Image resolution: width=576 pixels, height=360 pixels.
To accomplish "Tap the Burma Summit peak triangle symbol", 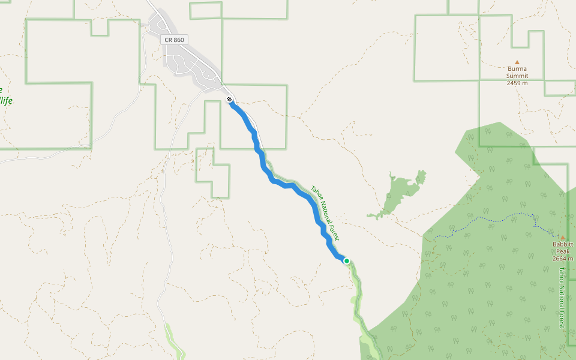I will click(517, 62).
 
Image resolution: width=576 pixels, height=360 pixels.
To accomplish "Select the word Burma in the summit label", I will click(517, 68).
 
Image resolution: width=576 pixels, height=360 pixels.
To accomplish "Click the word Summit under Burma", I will click(517, 76).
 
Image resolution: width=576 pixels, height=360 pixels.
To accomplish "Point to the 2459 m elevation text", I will click(517, 83).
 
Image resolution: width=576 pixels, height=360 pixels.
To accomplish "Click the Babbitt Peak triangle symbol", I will click(563, 238).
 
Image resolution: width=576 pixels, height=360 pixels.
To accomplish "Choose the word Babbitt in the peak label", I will click(563, 245).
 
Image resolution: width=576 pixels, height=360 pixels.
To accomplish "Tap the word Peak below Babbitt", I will click(563, 251).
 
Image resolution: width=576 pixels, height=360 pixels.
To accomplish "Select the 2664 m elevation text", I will click(563, 259).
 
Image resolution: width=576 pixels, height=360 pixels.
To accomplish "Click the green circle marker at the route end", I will click(346, 260).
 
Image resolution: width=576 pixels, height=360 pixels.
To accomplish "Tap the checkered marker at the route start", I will click(229, 100).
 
